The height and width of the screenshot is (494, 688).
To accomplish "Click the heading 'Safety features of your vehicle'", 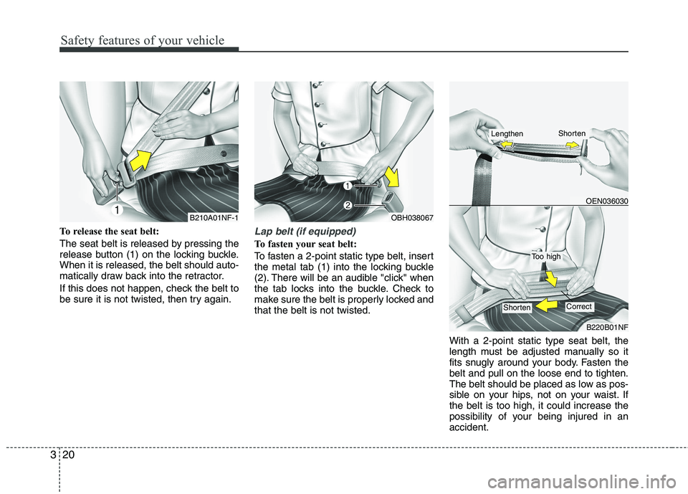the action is point(142,40).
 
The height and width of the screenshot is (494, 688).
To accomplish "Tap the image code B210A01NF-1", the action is point(214,217).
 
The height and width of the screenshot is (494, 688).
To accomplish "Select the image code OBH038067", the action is point(412,217).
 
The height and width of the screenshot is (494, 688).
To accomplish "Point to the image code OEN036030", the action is point(607,201).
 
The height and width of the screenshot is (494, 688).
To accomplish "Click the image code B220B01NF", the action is point(607,327).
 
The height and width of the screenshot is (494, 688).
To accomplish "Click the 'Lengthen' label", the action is point(507,133).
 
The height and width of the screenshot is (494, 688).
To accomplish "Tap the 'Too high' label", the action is point(546,257).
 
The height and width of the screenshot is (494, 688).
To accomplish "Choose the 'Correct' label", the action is point(579,306).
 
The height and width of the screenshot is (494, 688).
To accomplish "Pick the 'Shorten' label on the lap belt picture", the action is point(517,308).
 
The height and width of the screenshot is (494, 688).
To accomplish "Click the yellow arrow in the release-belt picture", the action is point(141,160).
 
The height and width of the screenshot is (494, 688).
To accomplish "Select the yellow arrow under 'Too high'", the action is point(550,279).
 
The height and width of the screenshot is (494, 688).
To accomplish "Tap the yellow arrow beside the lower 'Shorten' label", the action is point(546,304).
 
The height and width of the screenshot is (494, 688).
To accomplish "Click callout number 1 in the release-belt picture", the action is point(117,211).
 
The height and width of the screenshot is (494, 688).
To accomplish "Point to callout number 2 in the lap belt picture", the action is point(347,205).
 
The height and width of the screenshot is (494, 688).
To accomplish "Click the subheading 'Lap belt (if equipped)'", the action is point(305,231).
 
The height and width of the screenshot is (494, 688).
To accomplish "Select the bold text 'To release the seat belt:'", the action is point(109,232).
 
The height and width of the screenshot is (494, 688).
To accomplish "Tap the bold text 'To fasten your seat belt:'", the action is point(306,244).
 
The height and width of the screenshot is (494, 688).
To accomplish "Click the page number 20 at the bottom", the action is point(69,455).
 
